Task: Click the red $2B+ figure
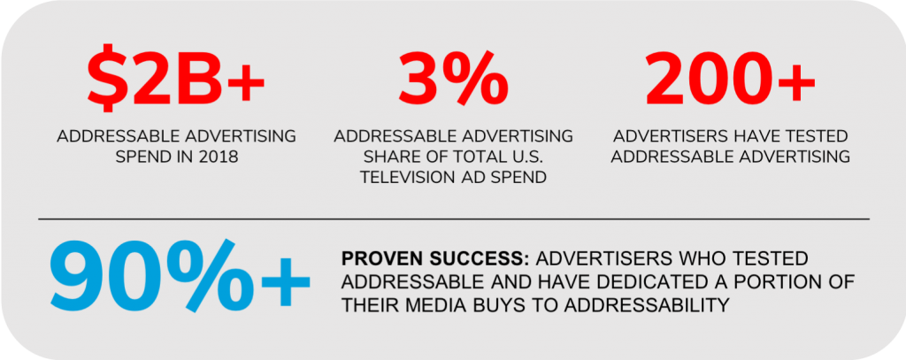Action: (176, 79)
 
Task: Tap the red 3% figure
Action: (454, 78)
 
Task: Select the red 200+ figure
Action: (730, 79)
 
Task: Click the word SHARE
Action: (394, 157)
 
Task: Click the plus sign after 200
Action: (796, 80)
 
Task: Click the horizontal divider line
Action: (454, 219)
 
